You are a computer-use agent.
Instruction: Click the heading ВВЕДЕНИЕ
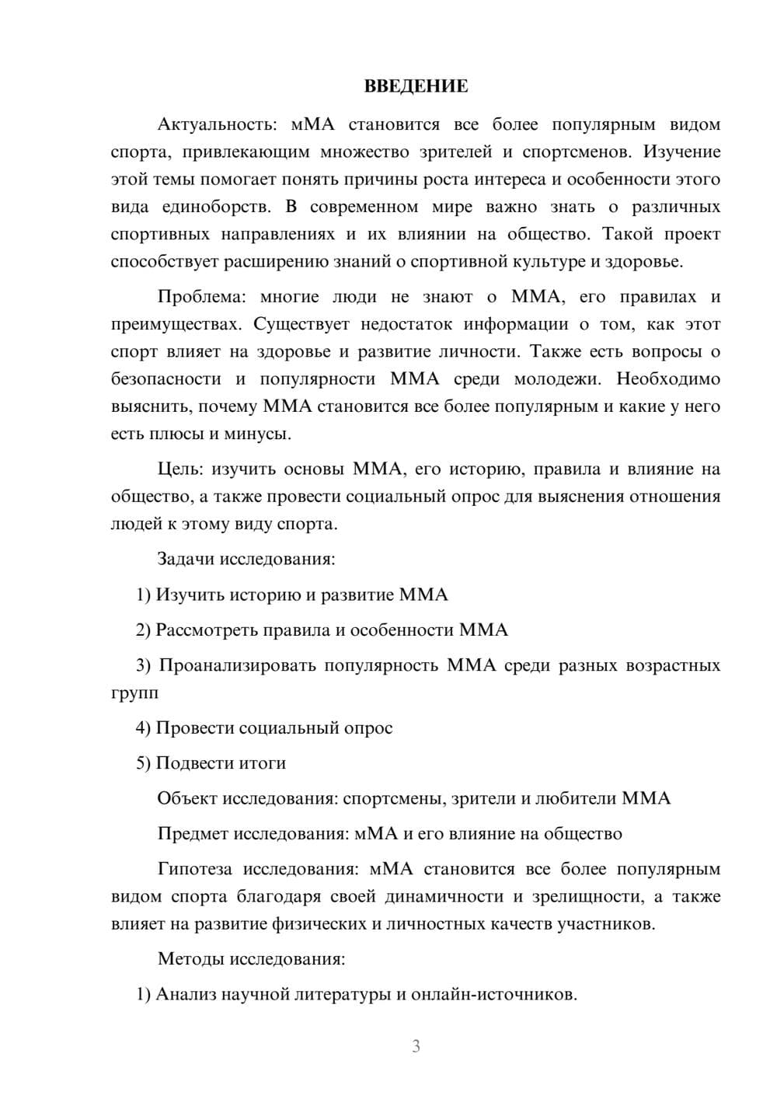416,86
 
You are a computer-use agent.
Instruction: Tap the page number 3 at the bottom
416,1046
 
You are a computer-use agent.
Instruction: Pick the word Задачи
186,559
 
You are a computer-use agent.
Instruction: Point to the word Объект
187,798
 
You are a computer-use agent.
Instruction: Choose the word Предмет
193,834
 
